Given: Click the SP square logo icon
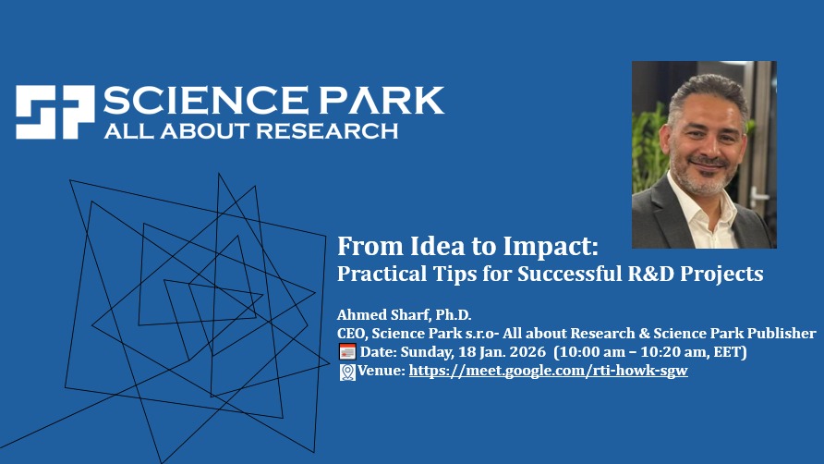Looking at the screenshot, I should coord(55,113).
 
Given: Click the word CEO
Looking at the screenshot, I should coord(350,333).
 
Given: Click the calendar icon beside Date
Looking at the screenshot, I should coord(347,351).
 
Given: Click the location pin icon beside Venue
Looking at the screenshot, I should coord(347,371).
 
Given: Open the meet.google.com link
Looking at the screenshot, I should coord(548,371).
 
